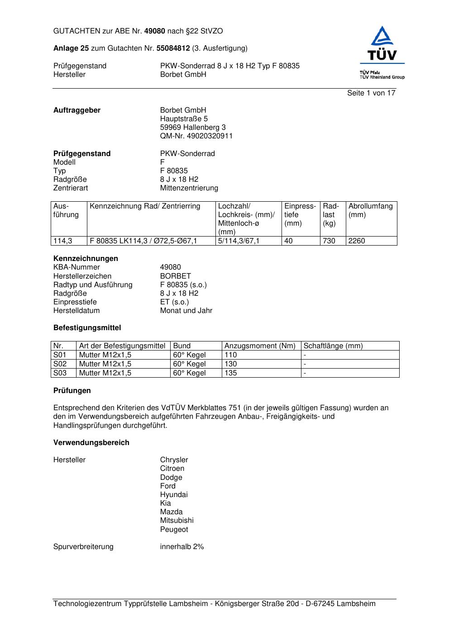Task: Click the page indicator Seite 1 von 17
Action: [x=371, y=93]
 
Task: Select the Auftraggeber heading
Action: [x=77, y=110]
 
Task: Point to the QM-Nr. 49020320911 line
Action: [x=196, y=136]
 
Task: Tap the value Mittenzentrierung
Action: [x=189, y=188]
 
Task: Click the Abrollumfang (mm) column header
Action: [x=371, y=210]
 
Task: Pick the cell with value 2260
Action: [x=357, y=241]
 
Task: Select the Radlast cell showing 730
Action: [x=329, y=241]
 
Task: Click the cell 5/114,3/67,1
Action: [x=239, y=241]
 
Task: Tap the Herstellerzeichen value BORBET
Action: [x=176, y=276]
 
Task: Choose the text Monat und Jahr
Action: [x=186, y=311]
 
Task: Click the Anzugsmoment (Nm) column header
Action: [x=260, y=346]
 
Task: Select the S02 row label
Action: [x=60, y=364]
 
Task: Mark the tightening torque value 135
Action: [x=231, y=373]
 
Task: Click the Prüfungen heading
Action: [x=72, y=391]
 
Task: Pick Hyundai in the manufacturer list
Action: [x=174, y=495]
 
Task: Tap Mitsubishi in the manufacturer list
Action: [x=177, y=521]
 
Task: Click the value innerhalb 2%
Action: [x=182, y=547]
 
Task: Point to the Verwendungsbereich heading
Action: [x=91, y=443]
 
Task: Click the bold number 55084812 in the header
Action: [x=173, y=48]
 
